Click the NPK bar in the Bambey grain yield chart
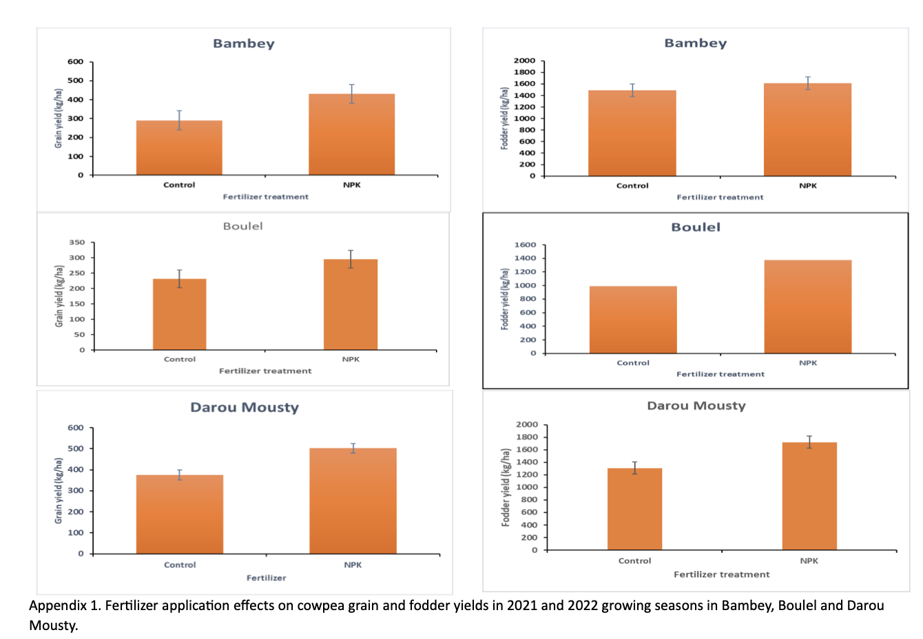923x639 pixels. tap(351, 134)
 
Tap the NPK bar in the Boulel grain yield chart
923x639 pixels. tap(351, 304)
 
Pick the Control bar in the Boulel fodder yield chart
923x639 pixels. tap(633, 319)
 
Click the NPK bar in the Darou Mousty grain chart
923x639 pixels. tap(353, 501)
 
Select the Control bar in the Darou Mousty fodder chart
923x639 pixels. tap(634, 509)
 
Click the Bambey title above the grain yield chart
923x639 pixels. tap(244, 43)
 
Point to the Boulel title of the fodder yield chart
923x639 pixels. tap(696, 227)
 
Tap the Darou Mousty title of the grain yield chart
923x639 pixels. tap(245, 408)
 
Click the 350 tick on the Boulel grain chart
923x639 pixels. tap(77, 242)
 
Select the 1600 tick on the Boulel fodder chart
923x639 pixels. tap(525, 245)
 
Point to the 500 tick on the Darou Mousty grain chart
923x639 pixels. tap(76, 449)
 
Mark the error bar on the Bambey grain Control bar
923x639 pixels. tap(179, 120)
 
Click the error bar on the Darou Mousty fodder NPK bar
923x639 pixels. tap(809, 441)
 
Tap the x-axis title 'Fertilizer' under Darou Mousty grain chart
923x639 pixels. tap(266, 578)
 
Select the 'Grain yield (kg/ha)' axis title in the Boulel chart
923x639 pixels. tap(59, 296)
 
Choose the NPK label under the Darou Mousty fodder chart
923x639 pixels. tap(809, 561)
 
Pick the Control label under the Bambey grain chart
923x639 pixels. tap(179, 185)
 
